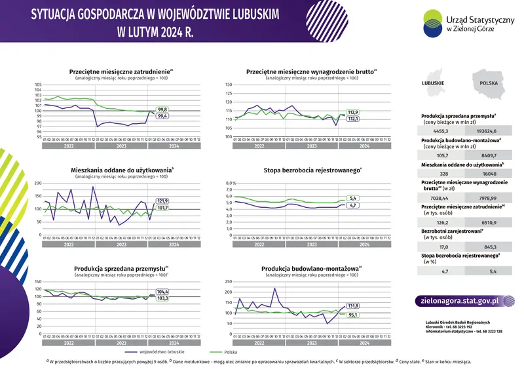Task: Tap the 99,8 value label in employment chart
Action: coord(163,109)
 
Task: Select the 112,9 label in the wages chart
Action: coord(353,112)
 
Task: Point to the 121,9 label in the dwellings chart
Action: coord(163,201)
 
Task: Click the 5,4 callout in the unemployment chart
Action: coord(352,198)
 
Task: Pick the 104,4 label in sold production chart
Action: coord(163,292)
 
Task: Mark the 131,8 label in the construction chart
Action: coord(352,306)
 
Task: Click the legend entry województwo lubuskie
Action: coord(160,352)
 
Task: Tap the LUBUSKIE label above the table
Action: coord(434,84)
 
